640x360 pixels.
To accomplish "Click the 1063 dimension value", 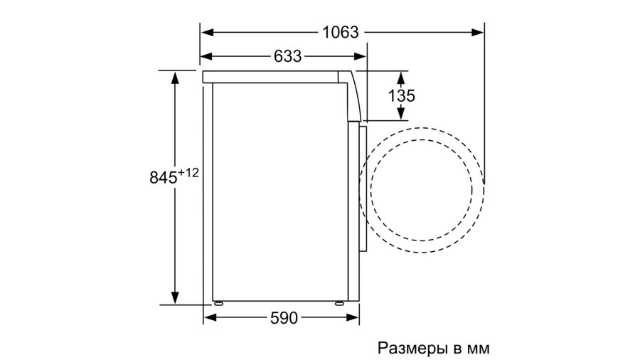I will point(340,32).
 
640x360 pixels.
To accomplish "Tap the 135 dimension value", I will point(402,95).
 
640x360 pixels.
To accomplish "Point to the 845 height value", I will point(163,178).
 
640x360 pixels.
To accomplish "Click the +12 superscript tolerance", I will point(189,171).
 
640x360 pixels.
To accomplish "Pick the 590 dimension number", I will point(283,317).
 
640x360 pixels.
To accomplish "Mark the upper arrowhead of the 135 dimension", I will point(402,76).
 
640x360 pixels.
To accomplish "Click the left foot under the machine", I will point(217,302).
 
